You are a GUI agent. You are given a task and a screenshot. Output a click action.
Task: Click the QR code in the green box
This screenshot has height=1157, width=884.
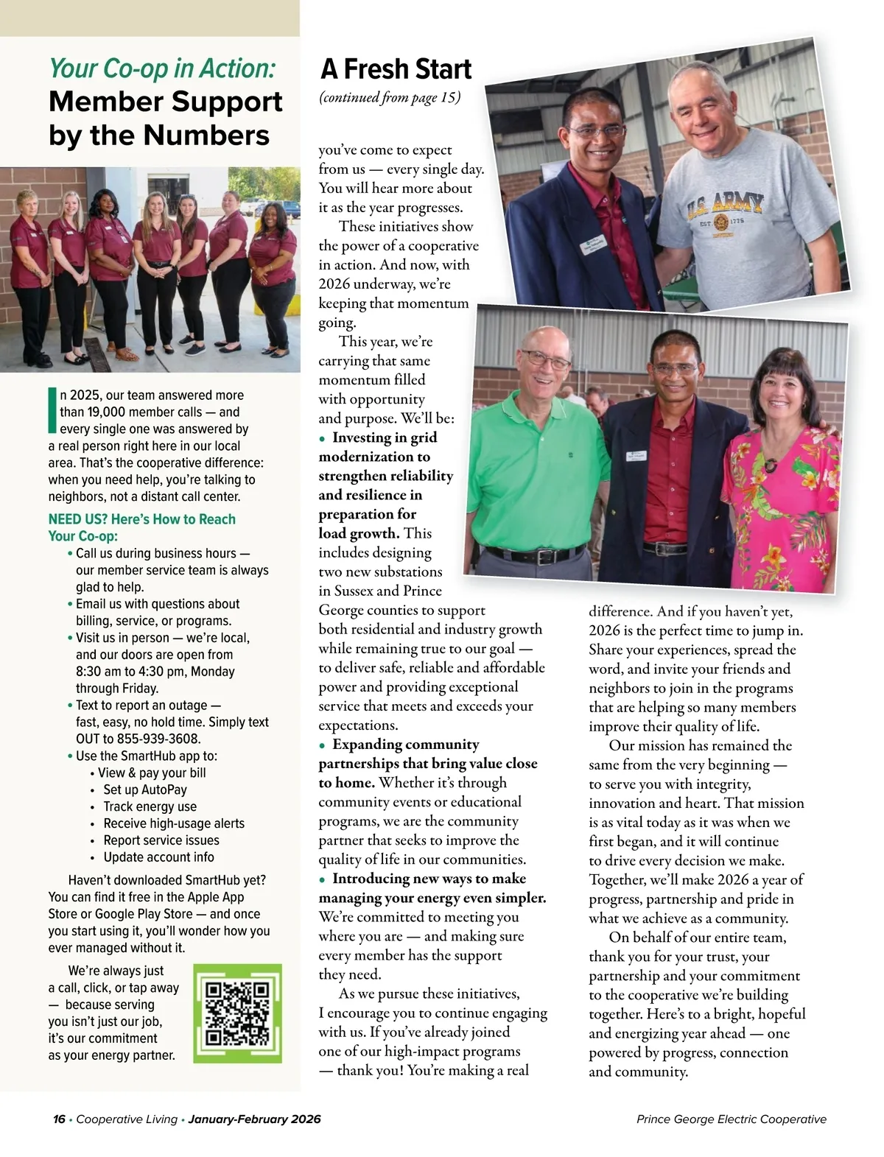[237, 1014]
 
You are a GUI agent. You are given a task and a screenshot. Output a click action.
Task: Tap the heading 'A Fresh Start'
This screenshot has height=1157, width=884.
[396, 69]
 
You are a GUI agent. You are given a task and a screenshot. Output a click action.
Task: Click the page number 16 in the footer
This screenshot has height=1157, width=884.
[59, 1119]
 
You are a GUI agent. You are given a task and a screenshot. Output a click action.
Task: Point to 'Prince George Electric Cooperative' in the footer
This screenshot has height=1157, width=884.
[731, 1119]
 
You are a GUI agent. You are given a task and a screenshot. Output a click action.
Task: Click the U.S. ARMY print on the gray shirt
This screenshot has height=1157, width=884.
[724, 206]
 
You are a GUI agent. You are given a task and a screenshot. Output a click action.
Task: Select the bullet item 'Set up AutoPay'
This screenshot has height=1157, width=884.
[145, 789]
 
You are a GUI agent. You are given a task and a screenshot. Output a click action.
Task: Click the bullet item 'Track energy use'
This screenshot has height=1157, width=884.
[150, 806]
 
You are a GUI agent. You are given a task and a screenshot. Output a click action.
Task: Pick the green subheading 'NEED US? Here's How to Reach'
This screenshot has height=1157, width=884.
[142, 519]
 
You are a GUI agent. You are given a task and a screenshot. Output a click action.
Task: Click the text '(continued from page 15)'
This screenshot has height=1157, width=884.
[390, 98]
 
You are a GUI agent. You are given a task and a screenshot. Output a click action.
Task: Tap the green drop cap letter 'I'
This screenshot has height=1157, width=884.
[52, 410]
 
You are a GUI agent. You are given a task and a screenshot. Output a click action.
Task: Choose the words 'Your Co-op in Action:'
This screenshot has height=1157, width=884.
[162, 68]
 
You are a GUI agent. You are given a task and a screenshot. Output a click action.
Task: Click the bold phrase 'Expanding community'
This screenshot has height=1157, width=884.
[405, 745]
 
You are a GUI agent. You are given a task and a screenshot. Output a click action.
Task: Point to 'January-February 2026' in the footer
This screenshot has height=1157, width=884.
[254, 1119]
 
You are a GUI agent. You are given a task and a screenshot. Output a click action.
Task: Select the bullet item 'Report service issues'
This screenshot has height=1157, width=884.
[161, 840]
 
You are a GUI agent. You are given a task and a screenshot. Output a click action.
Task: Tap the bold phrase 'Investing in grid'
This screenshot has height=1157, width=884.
[385, 437]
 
